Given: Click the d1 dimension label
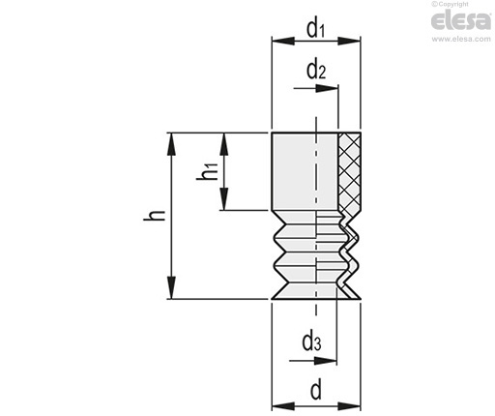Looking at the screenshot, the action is (x=315, y=29).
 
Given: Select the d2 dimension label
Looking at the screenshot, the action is (x=316, y=71).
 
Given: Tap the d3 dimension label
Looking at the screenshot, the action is (x=311, y=342).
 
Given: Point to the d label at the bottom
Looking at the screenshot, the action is (x=316, y=389).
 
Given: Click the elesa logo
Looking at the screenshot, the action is (x=461, y=21).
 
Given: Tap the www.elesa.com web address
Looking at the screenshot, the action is (x=461, y=39).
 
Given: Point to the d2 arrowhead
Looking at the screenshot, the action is (x=327, y=88).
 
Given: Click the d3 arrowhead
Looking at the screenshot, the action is (x=326, y=361).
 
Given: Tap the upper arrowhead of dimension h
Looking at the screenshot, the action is (x=172, y=144).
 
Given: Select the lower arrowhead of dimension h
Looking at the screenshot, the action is (x=172, y=287).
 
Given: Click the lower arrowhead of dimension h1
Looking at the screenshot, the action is (x=224, y=199).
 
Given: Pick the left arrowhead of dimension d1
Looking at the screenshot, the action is (x=283, y=41).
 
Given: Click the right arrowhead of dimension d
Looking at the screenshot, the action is (x=349, y=406).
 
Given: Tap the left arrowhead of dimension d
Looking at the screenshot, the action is (x=283, y=406).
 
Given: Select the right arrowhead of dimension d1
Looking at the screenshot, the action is (x=349, y=41).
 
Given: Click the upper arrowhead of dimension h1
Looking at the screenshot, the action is (x=224, y=144).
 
